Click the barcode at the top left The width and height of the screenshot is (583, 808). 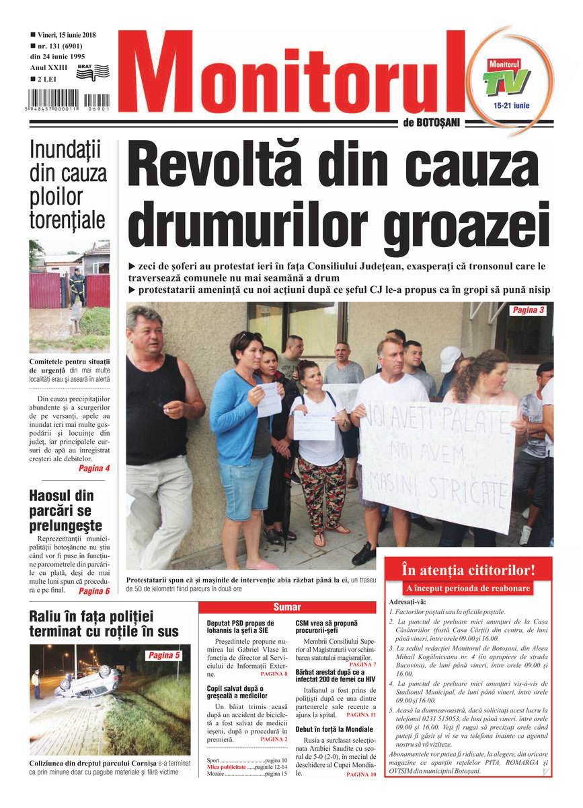pyautogui.click(x=69, y=100)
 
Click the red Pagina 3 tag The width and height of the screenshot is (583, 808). pyautogui.click(x=528, y=310)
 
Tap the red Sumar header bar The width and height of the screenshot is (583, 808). pyautogui.click(x=287, y=607)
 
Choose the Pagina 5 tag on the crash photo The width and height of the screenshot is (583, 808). pyautogui.click(x=164, y=655)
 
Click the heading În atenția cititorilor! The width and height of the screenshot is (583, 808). pyautogui.click(x=467, y=570)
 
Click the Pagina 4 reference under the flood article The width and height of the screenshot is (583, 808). pyautogui.click(x=93, y=468)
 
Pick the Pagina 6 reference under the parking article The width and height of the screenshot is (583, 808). pyautogui.click(x=93, y=591)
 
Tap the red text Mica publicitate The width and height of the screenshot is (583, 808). pyautogui.click(x=227, y=767)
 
